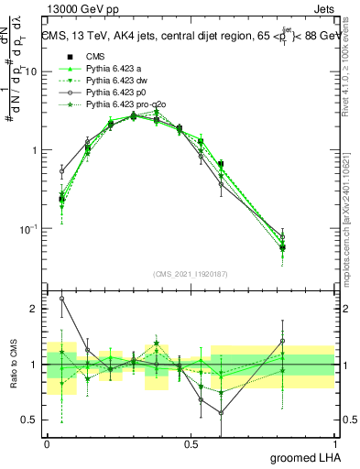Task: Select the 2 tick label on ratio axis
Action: click(33, 309)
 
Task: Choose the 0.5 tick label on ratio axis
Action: click(30, 420)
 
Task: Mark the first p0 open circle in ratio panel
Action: click(61, 299)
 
